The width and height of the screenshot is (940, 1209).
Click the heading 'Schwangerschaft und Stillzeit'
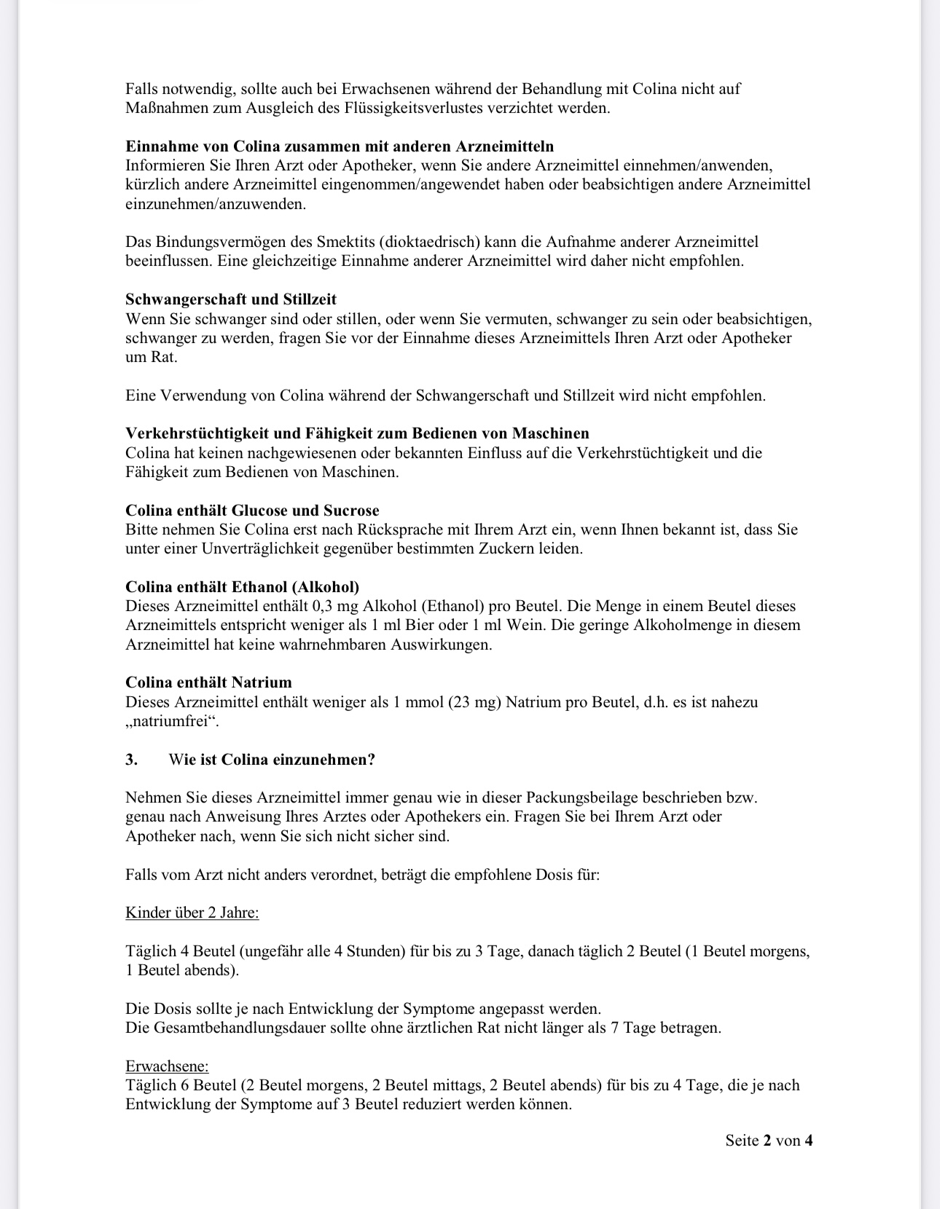pyautogui.click(x=230, y=299)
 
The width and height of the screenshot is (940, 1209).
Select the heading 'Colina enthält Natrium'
pyautogui.click(x=208, y=682)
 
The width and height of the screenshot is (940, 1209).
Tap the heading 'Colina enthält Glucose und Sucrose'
pyautogui.click(x=252, y=511)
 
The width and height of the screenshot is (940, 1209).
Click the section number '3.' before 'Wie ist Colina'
pyautogui.click(x=131, y=760)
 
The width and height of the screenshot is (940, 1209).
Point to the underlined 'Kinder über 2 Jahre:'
pyautogui.click(x=192, y=913)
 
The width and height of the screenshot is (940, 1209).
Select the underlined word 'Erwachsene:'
pyautogui.click(x=167, y=1066)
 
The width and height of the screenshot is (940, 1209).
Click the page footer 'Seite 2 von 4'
pyautogui.click(x=769, y=1141)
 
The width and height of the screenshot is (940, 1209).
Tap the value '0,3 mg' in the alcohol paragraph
pyautogui.click(x=337, y=606)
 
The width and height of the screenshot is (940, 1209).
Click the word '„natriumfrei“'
pyautogui.click(x=172, y=722)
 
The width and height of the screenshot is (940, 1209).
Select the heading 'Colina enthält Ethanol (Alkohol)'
pyautogui.click(x=242, y=587)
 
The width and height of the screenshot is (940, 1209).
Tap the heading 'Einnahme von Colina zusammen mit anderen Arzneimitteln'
pyautogui.click(x=340, y=146)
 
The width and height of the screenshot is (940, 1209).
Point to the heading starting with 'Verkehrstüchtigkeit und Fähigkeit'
pyautogui.click(x=357, y=434)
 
